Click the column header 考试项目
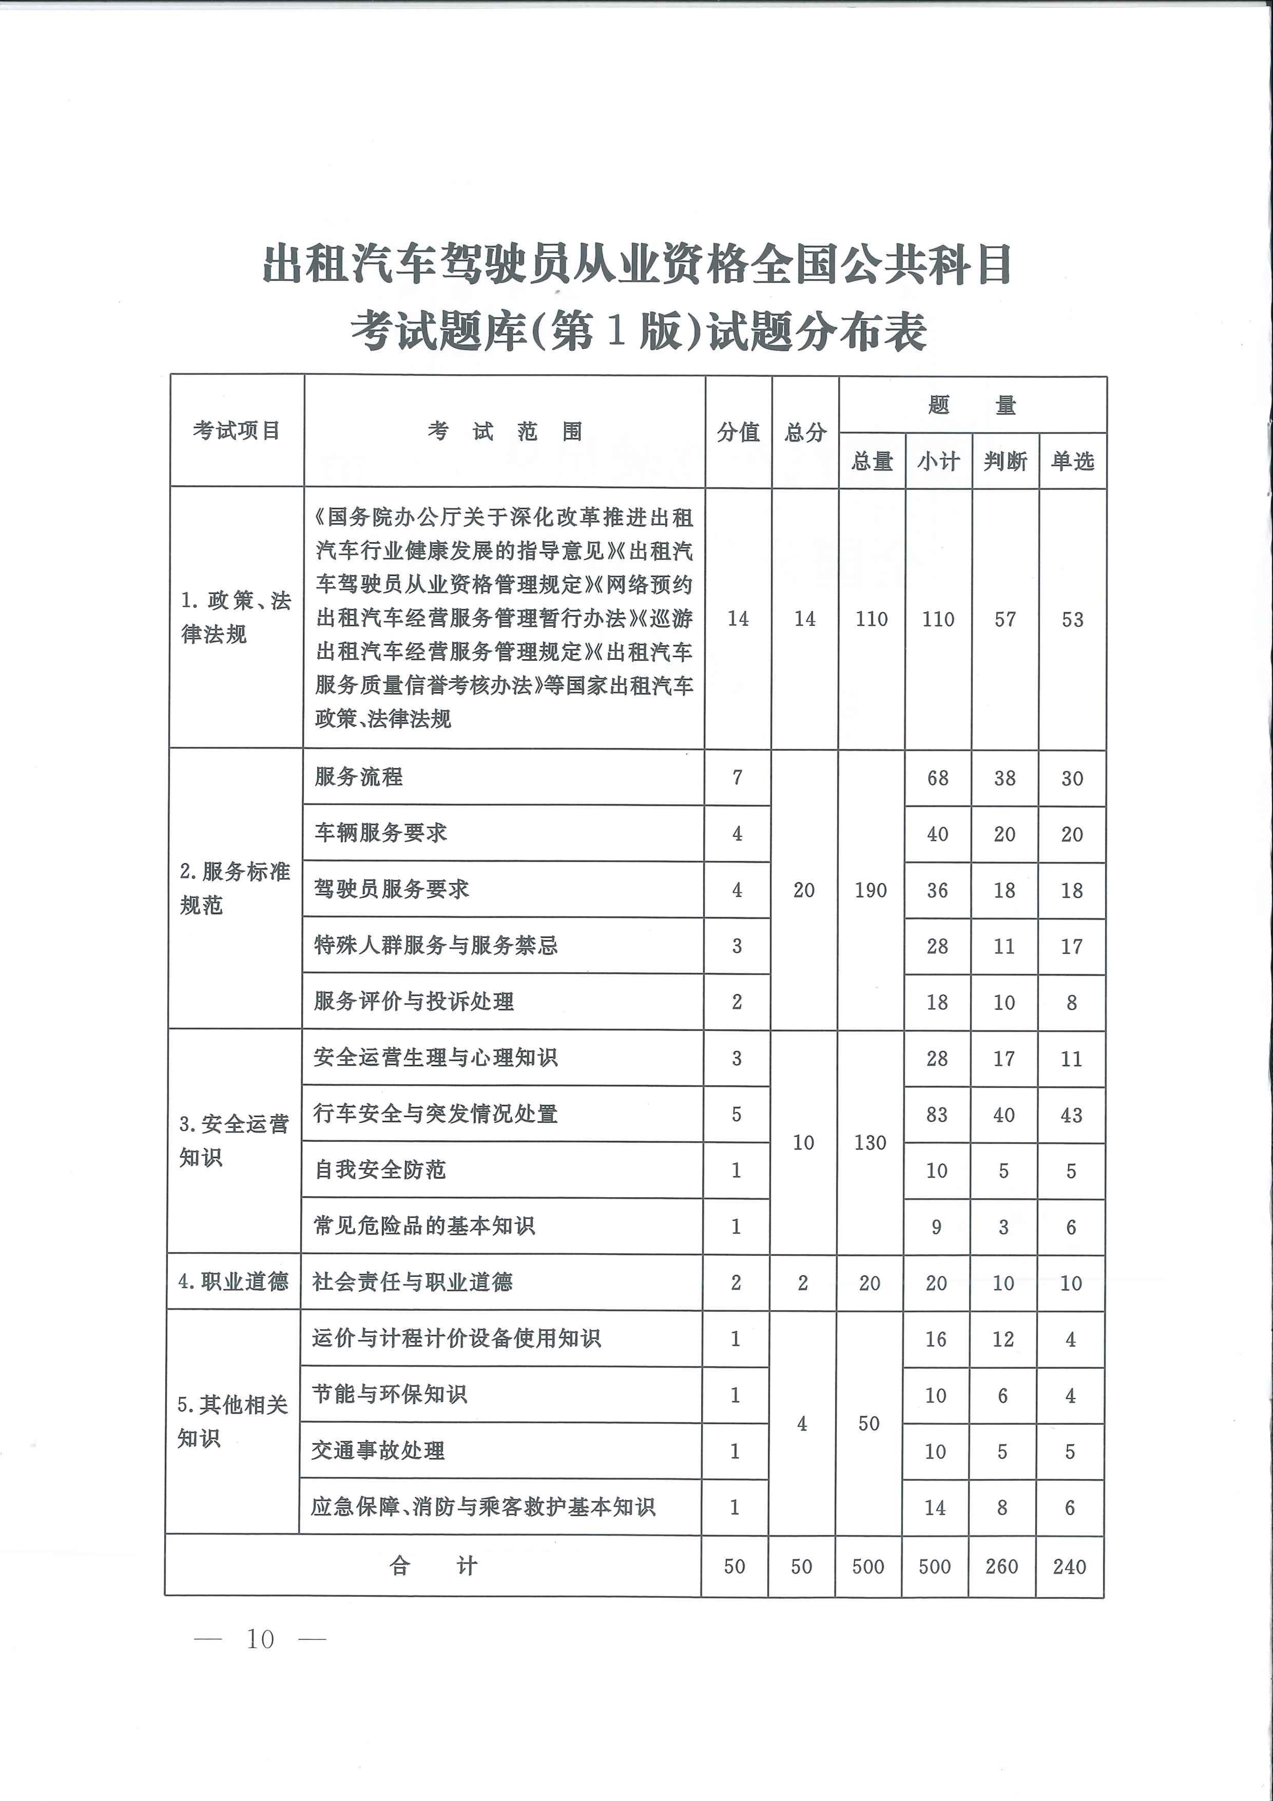pos(236,431)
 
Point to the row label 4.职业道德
pos(233,1282)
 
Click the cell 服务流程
pos(358,777)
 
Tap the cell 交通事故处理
pos(378,1450)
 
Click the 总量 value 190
pos(871,890)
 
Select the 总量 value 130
pos(870,1142)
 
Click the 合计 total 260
pos(1001,1566)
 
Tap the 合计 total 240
pos(1069,1566)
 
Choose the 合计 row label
pos(433,1566)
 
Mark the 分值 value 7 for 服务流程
pos(737,777)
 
